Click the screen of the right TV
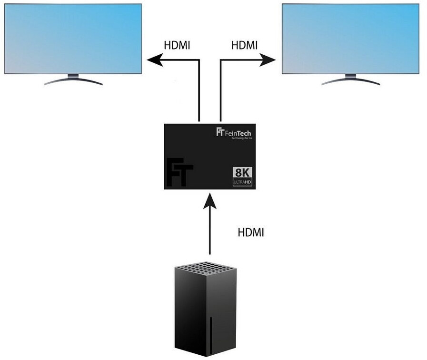[351, 38]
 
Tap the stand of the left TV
[73, 80]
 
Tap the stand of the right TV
[351, 80]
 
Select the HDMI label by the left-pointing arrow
[177, 45]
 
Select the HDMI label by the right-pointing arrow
[244, 45]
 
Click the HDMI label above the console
[250, 233]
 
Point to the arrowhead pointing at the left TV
[154, 60]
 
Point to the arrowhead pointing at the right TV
[269, 60]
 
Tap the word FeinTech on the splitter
[238, 131]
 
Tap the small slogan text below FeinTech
[241, 139]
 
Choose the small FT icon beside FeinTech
[220, 131]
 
